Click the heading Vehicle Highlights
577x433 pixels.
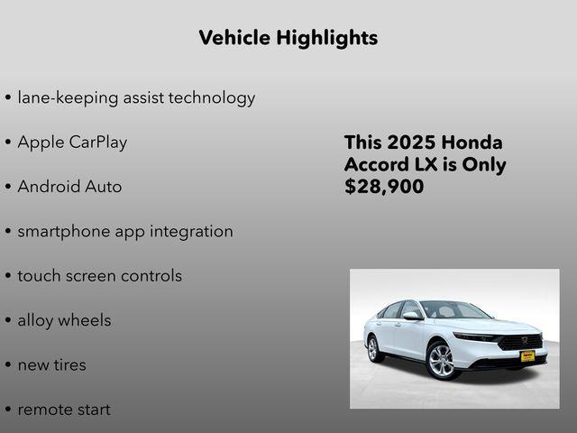(288, 38)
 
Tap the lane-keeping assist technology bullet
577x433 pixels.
(135, 97)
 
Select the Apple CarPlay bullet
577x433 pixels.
(72, 143)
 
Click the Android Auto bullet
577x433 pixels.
(69, 187)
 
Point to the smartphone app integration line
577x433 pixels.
(124, 232)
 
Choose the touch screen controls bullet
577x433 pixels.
(99, 276)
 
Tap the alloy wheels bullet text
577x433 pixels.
(64, 320)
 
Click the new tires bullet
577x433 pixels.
(51, 365)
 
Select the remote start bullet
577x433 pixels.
(63, 410)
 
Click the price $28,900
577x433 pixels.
(384, 188)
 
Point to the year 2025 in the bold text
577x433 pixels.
(413, 143)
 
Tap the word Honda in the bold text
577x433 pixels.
(474, 143)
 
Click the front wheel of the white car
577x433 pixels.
(443, 360)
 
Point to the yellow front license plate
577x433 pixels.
(527, 356)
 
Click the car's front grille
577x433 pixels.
(521, 341)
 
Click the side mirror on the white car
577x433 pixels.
(411, 316)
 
